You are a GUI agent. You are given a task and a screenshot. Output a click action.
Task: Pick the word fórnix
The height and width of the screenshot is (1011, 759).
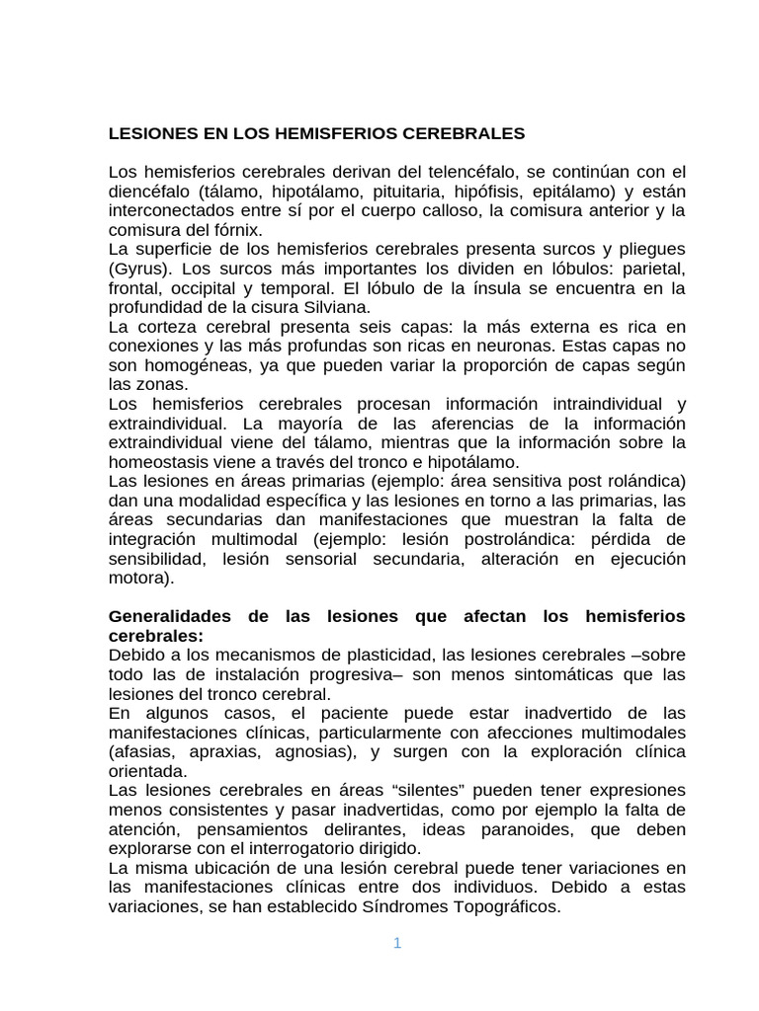234,230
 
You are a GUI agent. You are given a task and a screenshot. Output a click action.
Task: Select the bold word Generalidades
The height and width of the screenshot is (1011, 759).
169,616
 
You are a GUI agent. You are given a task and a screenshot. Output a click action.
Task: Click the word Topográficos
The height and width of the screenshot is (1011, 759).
504,906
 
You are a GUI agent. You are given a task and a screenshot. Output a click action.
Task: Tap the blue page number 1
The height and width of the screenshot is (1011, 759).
397,943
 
